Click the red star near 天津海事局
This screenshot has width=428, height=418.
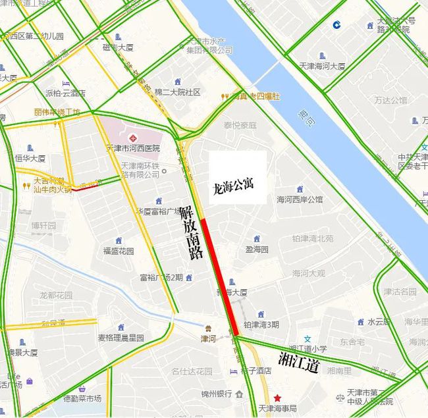point(278,398)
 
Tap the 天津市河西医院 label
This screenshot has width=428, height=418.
point(133,148)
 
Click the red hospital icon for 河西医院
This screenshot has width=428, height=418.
point(134,138)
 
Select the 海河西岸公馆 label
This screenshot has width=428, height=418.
point(300,199)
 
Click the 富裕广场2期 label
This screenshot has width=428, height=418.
point(161,277)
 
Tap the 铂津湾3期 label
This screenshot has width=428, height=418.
point(261,325)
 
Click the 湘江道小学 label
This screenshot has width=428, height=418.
point(308,348)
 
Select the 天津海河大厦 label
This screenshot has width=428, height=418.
point(323,66)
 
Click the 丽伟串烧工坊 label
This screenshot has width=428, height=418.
point(57,112)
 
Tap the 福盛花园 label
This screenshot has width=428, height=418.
point(119,251)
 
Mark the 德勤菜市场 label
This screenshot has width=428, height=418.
point(82,398)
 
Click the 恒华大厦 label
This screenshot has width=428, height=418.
point(30,159)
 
